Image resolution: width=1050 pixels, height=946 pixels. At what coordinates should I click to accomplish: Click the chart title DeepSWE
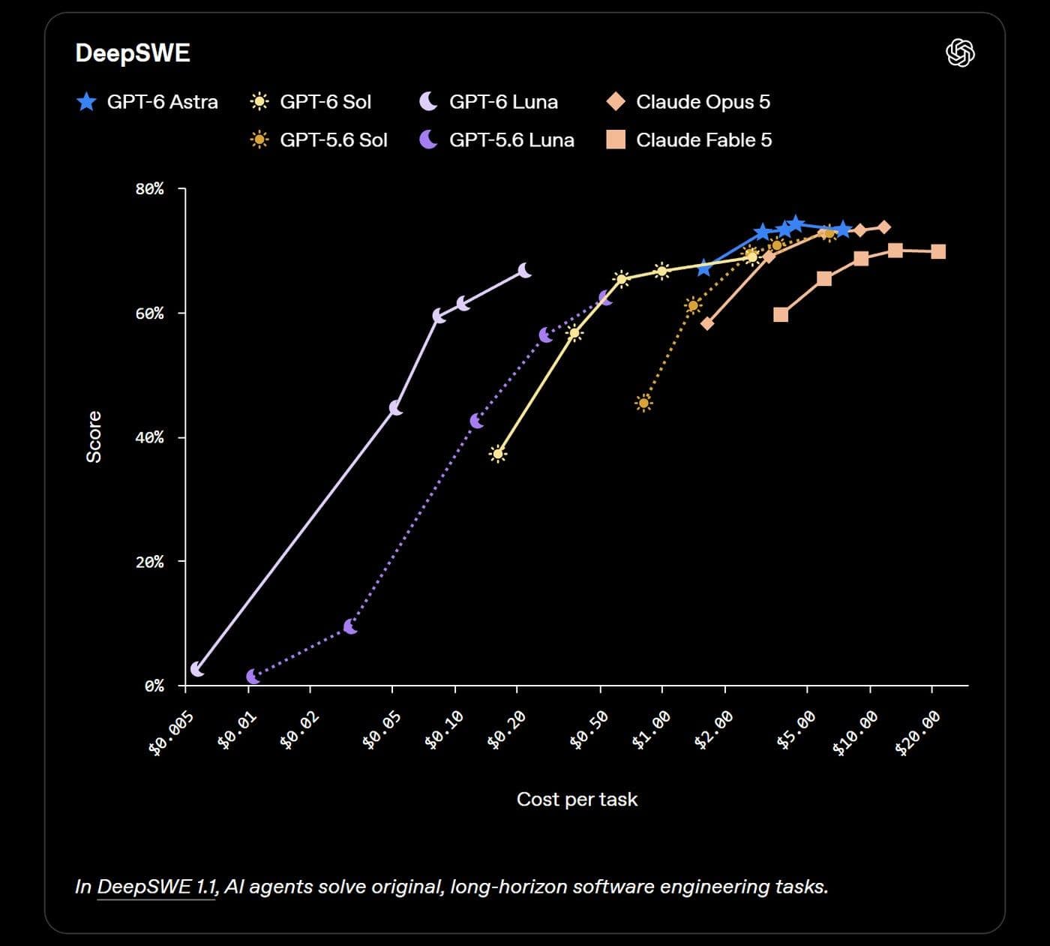133,53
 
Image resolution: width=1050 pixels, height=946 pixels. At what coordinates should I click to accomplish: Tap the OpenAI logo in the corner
960,53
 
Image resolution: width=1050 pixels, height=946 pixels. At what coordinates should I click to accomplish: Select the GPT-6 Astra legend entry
147,101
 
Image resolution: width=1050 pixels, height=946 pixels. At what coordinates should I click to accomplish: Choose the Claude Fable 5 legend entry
688,140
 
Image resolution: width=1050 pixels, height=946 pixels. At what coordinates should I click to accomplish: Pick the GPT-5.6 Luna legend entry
496,140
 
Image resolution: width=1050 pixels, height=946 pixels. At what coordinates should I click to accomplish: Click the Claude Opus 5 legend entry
688,101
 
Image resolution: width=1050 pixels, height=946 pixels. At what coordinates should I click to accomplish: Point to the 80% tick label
150,189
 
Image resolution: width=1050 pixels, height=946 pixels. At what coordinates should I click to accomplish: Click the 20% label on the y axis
150,562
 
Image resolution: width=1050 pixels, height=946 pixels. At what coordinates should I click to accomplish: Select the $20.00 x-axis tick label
917,734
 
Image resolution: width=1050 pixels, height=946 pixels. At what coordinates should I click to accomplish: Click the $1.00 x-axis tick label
650,730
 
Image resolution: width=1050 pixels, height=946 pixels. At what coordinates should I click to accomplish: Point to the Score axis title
94,437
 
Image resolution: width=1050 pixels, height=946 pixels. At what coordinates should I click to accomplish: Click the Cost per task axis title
577,799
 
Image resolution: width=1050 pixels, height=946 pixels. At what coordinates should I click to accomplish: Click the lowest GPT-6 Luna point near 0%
196,669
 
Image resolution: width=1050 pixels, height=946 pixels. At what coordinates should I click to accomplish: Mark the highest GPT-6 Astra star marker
796,224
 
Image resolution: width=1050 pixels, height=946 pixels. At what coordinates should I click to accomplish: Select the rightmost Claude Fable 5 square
938,251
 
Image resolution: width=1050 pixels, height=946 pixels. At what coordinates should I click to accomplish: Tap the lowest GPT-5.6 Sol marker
643,404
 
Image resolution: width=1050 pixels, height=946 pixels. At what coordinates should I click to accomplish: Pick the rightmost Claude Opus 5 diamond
884,227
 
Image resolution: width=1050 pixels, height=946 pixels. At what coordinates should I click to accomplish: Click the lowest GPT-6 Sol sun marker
498,454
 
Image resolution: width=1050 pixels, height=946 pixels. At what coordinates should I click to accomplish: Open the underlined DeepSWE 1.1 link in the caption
157,887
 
